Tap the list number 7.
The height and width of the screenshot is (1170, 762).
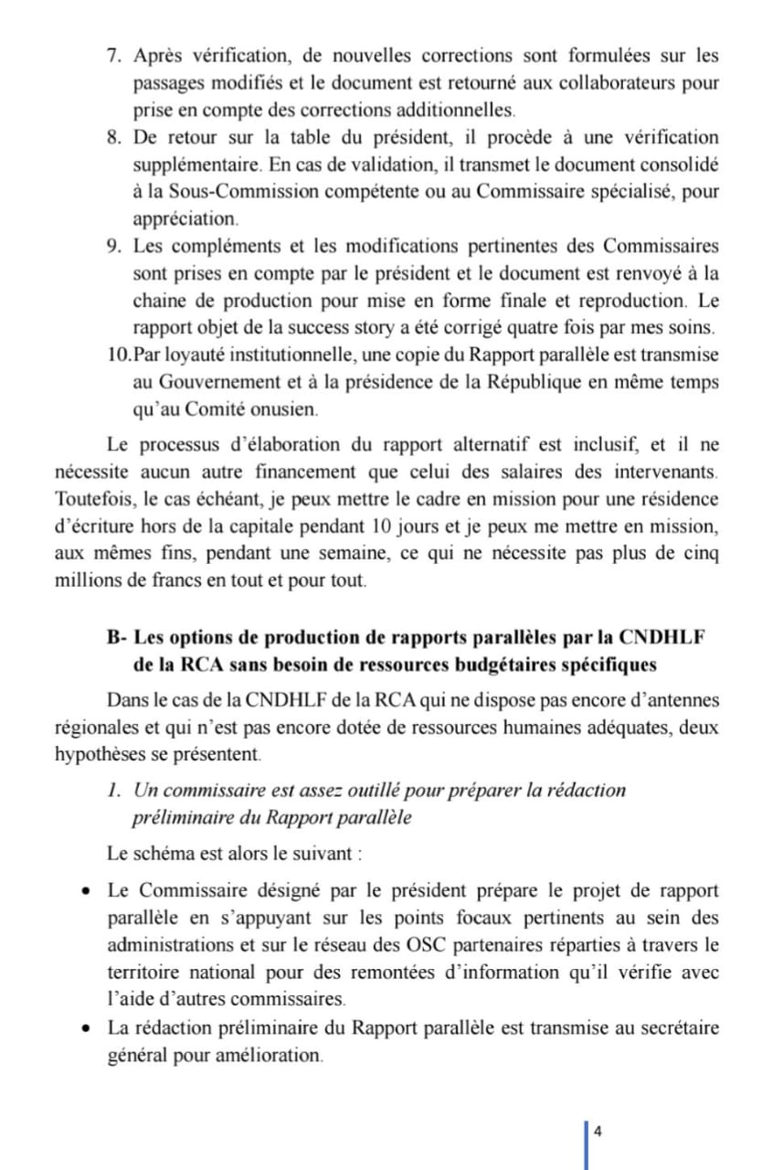click(114, 56)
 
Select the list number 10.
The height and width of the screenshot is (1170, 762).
click(119, 354)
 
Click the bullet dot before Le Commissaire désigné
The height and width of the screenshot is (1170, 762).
click(85, 890)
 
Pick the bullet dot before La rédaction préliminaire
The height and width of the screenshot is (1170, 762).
click(85, 1028)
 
